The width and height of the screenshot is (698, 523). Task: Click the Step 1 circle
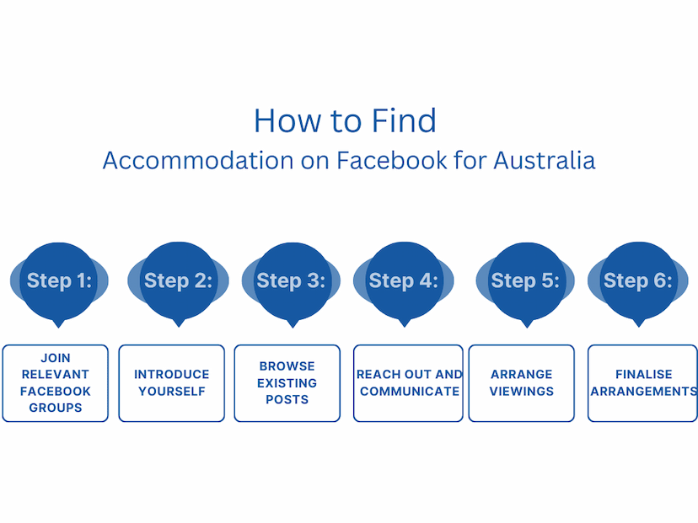coord(59,281)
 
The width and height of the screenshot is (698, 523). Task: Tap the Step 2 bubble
coord(178,281)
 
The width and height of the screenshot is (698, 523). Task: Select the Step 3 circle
coord(292,281)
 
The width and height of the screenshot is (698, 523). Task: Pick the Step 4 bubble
coord(404,281)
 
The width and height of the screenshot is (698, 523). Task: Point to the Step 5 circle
coord(526,281)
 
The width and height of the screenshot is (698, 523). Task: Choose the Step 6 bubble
coord(638,281)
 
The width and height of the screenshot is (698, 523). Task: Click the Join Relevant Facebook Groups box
coord(55,383)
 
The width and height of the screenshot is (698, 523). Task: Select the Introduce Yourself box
coord(172,383)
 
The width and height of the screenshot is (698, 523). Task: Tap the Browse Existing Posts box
coord(287,383)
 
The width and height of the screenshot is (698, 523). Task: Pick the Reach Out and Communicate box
coord(408,383)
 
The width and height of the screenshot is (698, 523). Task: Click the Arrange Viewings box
coord(521,383)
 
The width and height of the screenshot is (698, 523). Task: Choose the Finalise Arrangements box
coord(643,383)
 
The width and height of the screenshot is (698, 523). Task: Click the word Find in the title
coord(404,120)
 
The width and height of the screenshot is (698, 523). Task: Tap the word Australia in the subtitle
coord(545,160)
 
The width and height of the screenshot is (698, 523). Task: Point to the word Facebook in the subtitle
coord(392,160)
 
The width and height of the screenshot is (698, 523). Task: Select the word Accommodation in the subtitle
coord(198,160)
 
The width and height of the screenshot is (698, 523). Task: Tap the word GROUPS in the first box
coord(56,408)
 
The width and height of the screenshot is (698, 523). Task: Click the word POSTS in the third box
coord(287,399)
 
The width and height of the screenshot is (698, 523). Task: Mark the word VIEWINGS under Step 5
coord(522,392)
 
